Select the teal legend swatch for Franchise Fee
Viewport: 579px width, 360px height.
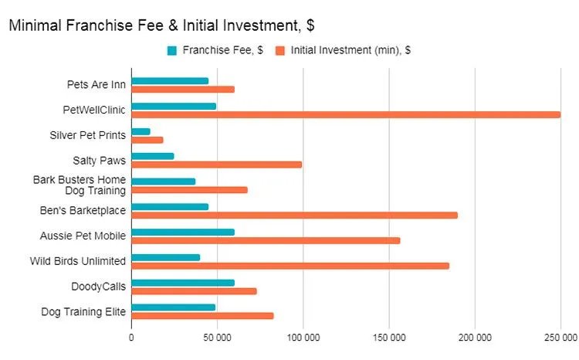click(x=172, y=51)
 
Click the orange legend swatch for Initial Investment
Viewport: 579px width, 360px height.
click(x=281, y=51)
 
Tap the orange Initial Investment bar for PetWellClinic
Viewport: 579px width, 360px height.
click(x=346, y=114)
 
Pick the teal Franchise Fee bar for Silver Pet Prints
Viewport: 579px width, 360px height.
click(x=141, y=131)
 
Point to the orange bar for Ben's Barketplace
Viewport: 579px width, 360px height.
click(x=294, y=215)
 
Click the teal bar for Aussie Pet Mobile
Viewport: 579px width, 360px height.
click(x=183, y=232)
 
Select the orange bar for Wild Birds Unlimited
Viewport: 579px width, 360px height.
click(x=290, y=266)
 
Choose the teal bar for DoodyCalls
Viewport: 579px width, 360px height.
click(x=183, y=283)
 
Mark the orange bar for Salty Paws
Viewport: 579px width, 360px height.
click(x=217, y=164)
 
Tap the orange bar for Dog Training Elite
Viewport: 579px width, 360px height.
click(x=202, y=315)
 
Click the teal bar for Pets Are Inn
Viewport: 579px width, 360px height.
click(x=170, y=80)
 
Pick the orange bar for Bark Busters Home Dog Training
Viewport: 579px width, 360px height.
click(x=189, y=189)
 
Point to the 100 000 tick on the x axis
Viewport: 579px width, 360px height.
click(x=303, y=338)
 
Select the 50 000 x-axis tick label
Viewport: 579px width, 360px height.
click(x=218, y=338)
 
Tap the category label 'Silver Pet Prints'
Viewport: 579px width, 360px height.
click(x=94, y=136)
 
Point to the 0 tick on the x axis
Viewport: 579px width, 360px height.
click(x=131, y=338)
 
